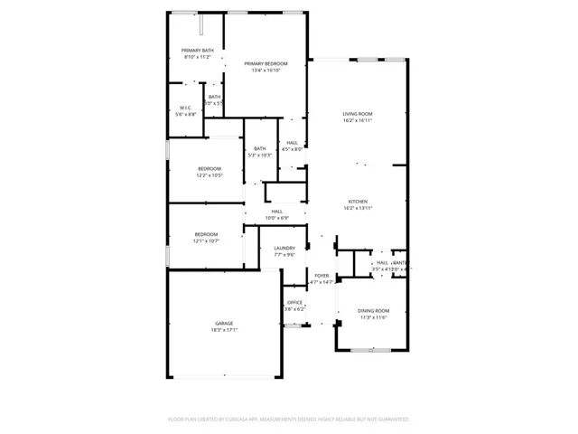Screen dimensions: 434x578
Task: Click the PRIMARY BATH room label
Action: [198, 51]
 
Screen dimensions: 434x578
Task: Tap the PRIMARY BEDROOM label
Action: [266, 63]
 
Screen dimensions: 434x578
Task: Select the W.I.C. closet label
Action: [185, 108]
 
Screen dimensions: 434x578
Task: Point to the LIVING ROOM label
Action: [357, 114]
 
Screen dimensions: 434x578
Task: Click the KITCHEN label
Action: [357, 202]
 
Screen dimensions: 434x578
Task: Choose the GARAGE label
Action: [224, 323]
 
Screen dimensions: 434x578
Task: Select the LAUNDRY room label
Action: [284, 249]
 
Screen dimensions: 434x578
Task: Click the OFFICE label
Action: [294, 303]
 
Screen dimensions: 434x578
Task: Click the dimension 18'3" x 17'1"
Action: [224, 329]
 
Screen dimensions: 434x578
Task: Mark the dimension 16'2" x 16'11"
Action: [357, 120]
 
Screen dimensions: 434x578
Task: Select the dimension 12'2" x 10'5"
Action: [210, 175]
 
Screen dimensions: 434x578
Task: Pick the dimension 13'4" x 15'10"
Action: [266, 70]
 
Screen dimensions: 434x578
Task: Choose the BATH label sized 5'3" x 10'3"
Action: [260, 149]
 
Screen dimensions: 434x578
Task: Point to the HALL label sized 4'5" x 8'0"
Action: [292, 143]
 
